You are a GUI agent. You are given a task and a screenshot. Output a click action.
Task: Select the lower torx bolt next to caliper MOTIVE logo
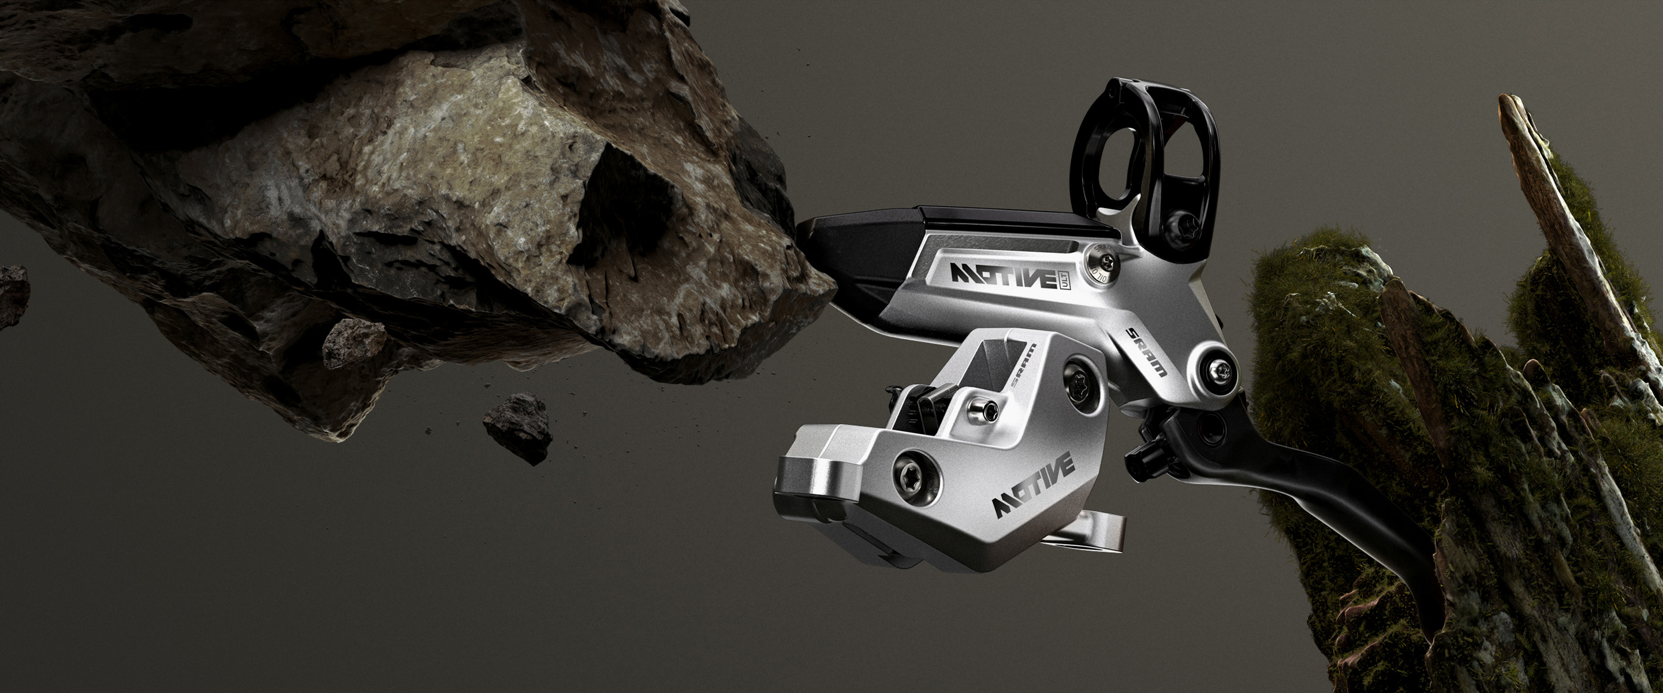915,479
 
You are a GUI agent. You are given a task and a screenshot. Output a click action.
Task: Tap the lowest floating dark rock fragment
519,427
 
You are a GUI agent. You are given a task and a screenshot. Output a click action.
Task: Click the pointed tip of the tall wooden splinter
1510,103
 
